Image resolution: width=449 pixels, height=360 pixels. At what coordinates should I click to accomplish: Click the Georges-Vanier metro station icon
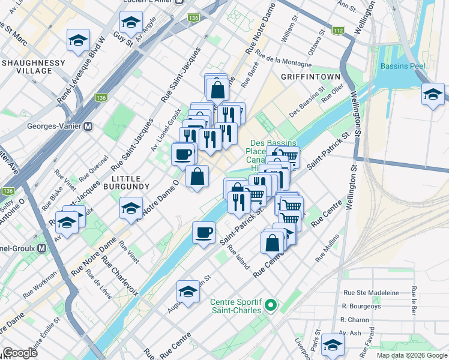pos(88,127)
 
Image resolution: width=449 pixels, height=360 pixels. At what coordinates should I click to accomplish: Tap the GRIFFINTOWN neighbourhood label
pos(310,77)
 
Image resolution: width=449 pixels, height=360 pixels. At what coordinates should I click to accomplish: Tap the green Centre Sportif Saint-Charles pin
pos(271,306)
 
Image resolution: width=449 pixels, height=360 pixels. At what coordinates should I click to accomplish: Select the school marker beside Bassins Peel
pos(433,95)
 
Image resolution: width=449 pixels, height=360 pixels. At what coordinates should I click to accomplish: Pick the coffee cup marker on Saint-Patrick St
pos(204,232)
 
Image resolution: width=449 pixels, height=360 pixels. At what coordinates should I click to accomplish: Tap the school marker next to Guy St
pos(129,23)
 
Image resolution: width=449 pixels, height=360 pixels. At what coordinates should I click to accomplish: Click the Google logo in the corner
pos(21,353)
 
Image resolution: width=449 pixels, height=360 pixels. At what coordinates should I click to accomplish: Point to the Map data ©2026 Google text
pos(411,355)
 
